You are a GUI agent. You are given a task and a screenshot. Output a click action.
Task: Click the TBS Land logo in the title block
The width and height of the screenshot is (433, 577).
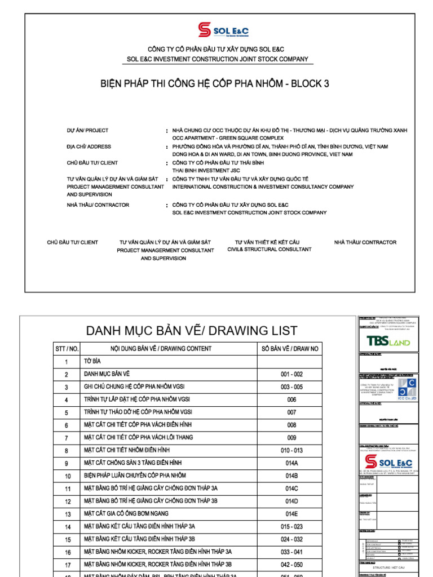[x=388, y=341]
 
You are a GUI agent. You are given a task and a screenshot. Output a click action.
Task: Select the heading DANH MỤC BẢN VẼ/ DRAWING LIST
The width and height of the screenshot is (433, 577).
[x=191, y=330]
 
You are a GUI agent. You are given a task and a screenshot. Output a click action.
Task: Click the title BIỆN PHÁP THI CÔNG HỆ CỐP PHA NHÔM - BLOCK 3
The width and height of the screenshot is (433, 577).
[x=215, y=83]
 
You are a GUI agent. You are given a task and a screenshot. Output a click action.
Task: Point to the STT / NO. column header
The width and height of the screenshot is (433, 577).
[x=67, y=349]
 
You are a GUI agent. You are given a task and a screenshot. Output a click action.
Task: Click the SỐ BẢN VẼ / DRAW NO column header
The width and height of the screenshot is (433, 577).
[x=290, y=349]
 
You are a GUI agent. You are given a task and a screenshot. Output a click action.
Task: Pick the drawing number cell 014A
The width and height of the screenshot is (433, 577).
[x=291, y=463]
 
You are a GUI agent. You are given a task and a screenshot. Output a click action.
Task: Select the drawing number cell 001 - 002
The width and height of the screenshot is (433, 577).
[x=291, y=374]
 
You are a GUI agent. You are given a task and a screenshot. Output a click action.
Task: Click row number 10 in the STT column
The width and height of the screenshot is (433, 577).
[x=67, y=476]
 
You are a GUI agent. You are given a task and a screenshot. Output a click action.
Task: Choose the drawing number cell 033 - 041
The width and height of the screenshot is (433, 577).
[x=291, y=552]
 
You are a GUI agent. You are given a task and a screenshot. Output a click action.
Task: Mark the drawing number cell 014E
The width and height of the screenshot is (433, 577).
[x=291, y=514]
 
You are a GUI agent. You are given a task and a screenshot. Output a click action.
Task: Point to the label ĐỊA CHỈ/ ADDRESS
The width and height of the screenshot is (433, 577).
[x=89, y=147]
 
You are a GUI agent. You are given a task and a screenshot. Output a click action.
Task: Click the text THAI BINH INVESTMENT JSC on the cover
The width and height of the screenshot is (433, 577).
[x=206, y=170]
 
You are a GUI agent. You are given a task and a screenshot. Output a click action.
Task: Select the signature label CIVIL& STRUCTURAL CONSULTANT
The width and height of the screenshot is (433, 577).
[x=269, y=250]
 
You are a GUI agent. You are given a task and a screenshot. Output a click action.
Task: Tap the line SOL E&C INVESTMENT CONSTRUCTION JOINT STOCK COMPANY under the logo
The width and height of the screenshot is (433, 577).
[x=218, y=59]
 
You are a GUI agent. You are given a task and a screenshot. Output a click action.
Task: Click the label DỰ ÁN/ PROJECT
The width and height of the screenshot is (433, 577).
[x=87, y=130]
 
